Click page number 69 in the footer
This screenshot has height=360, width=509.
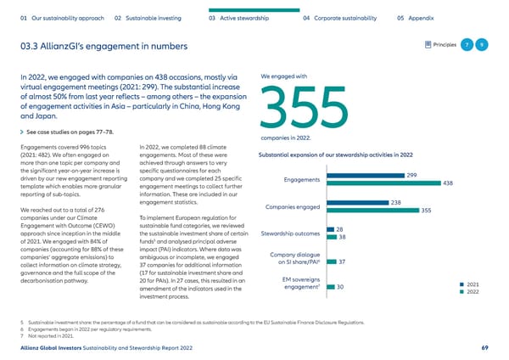coord(484,348)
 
